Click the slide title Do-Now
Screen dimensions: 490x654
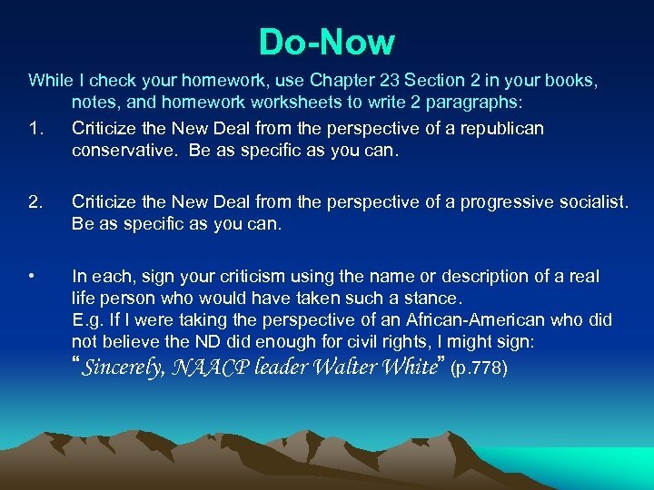click(x=326, y=42)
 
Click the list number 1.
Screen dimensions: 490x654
click(x=35, y=129)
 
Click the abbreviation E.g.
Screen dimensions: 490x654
click(x=87, y=320)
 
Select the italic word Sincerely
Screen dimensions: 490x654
click(x=124, y=368)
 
